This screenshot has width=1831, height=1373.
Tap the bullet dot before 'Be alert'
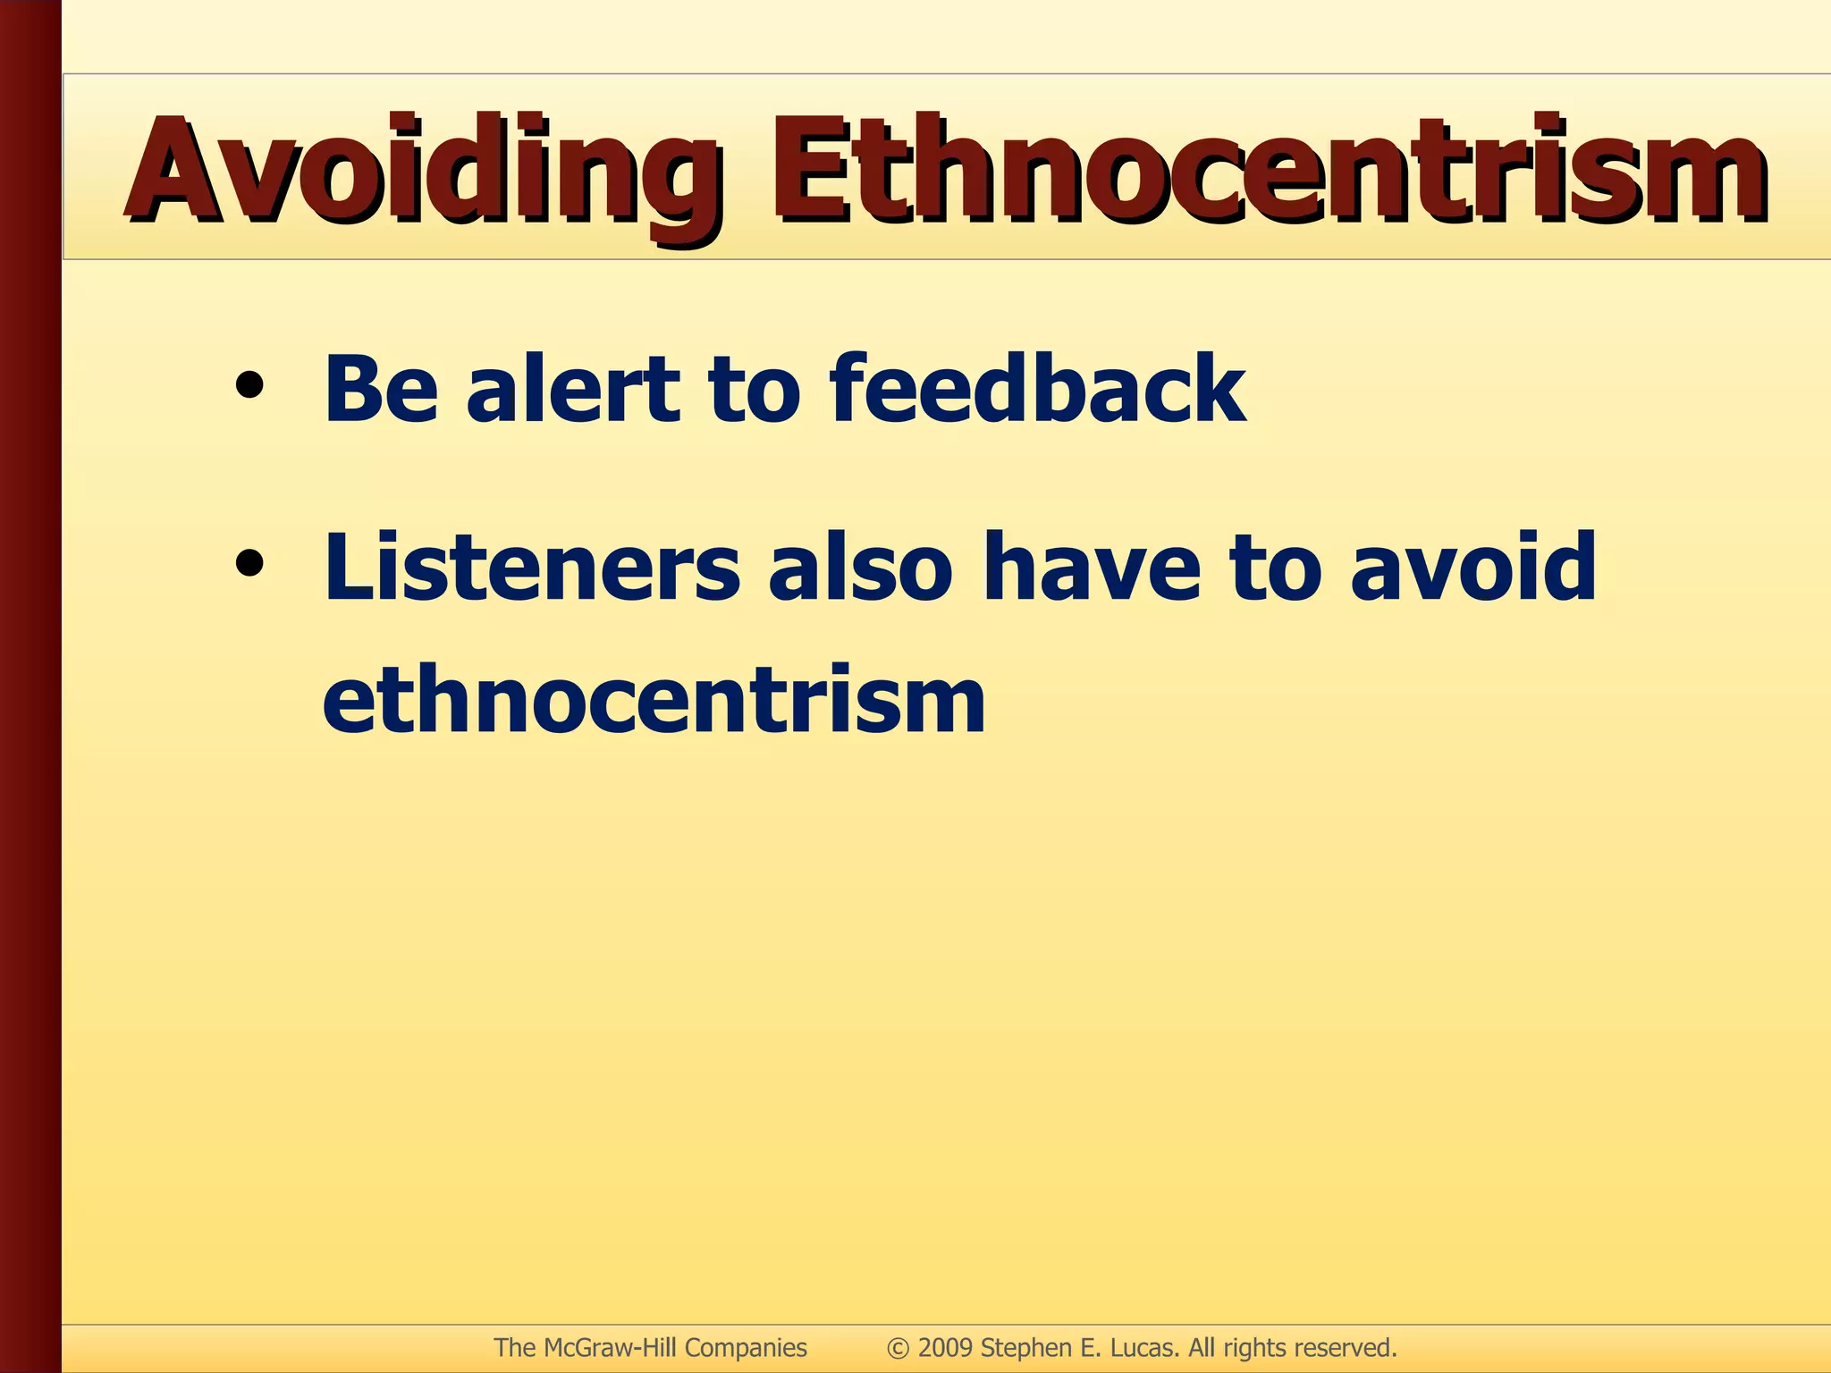249,385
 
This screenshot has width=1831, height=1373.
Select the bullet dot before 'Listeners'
249,563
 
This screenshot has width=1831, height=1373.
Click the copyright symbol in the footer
898,1348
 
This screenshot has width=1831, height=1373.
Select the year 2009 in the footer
945,1348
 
